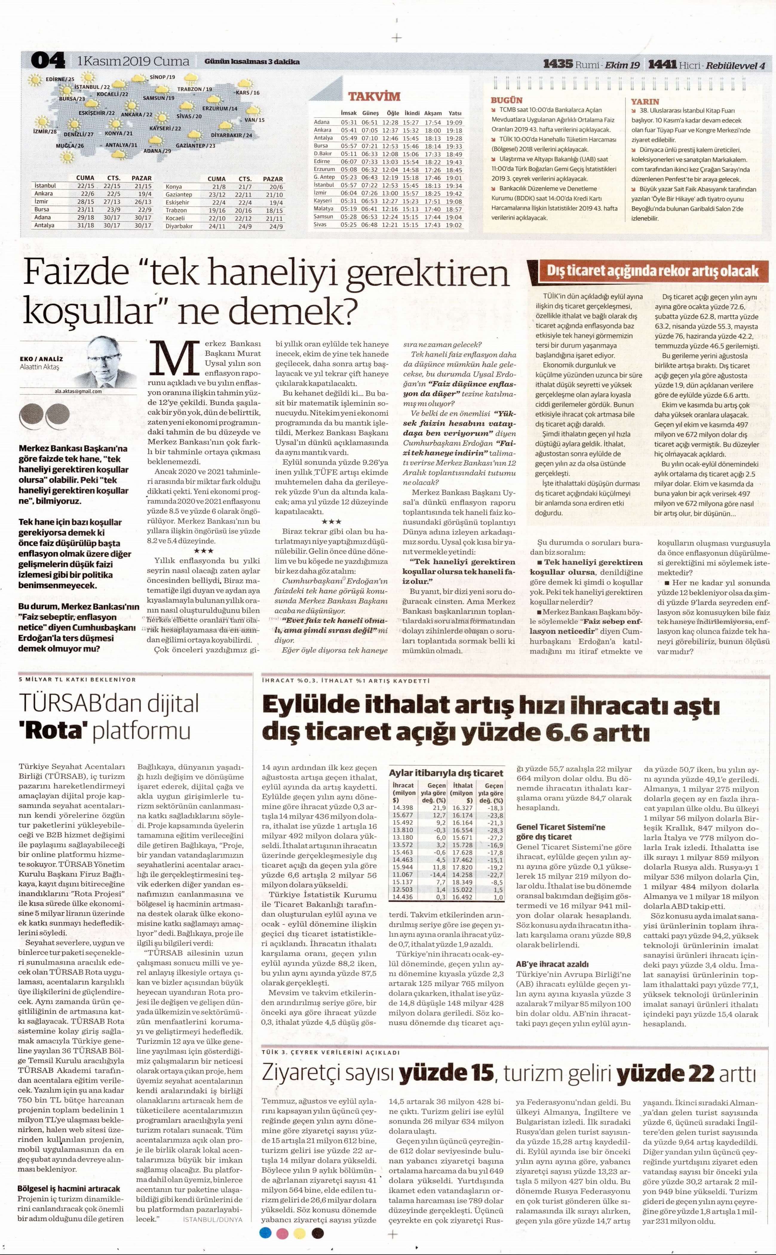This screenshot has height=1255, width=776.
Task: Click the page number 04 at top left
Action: point(48,61)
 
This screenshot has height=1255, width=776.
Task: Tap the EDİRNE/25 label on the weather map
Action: point(60,79)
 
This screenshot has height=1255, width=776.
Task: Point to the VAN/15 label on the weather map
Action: point(254,120)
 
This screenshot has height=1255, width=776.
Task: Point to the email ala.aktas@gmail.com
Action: point(78,391)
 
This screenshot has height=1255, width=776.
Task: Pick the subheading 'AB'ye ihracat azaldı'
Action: point(552,964)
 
